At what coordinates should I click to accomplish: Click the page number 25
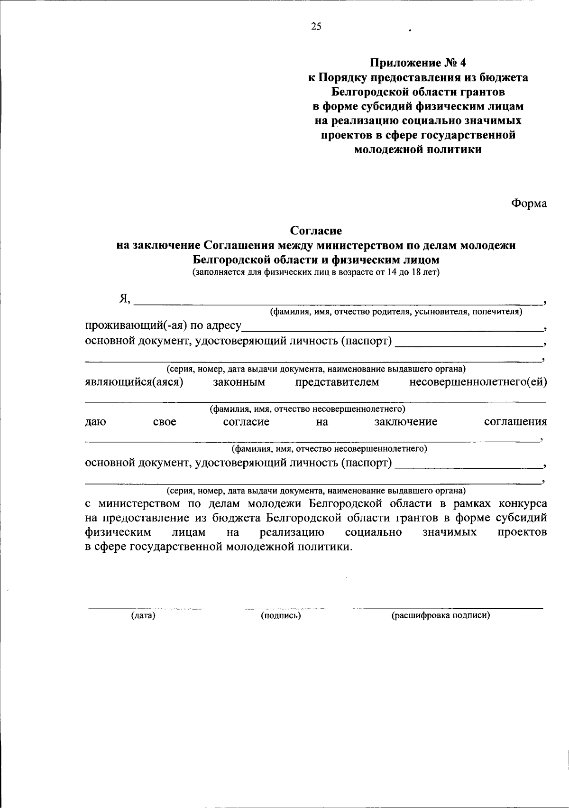pyautogui.click(x=316, y=27)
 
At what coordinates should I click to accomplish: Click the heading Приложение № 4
pyautogui.click(x=418, y=62)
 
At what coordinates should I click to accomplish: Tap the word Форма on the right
pyautogui.click(x=529, y=204)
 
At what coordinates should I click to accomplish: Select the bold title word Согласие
pyautogui.click(x=316, y=231)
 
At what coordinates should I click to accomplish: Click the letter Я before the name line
pyautogui.click(x=125, y=298)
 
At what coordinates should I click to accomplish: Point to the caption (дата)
pyautogui.click(x=143, y=616)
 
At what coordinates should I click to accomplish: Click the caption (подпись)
pyautogui.click(x=281, y=616)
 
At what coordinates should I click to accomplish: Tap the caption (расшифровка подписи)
pyautogui.click(x=441, y=616)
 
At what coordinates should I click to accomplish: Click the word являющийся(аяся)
pyautogui.click(x=134, y=382)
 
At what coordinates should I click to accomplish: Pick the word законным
pyautogui.click(x=239, y=382)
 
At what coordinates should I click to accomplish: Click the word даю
pyautogui.click(x=95, y=422)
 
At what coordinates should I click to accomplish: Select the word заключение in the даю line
pyautogui.click(x=405, y=422)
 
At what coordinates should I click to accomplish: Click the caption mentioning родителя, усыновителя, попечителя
pyautogui.click(x=396, y=312)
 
